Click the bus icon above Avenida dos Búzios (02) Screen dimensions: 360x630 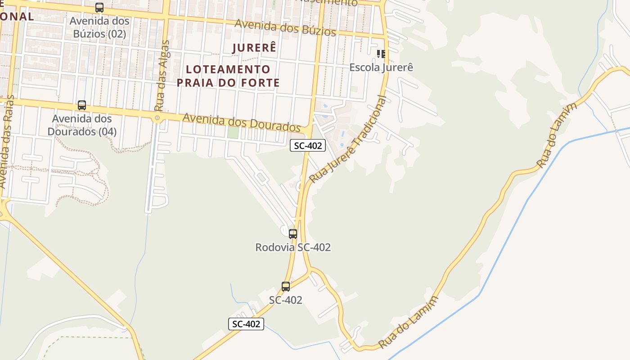point(99,8)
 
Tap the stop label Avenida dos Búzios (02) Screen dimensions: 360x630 point(99,27)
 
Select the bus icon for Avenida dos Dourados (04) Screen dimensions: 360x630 point(82,105)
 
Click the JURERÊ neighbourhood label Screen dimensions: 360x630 point(254,48)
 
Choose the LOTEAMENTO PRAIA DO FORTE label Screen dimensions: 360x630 point(228,76)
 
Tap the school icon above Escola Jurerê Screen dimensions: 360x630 point(381,54)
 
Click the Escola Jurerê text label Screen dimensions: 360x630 point(381,67)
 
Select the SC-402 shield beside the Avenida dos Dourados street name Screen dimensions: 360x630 point(307,145)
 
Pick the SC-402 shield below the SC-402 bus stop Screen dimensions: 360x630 point(246,324)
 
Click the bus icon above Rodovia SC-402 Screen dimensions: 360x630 point(293,234)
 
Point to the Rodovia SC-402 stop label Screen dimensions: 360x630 point(293,247)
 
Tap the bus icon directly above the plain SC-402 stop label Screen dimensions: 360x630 point(286,287)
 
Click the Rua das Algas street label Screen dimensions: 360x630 point(162,76)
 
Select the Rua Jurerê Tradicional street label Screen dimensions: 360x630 point(348,139)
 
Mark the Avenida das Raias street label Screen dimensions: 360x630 point(8,142)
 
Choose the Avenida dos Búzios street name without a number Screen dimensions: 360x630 point(285,27)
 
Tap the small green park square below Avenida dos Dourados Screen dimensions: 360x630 point(233,133)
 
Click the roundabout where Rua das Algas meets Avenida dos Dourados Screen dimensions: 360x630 point(157,118)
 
